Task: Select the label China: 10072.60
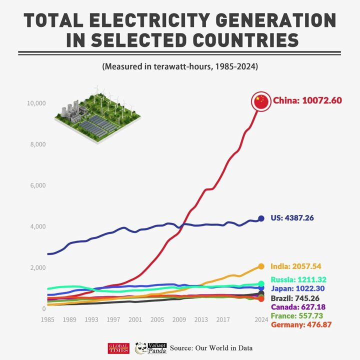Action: coord(307,100)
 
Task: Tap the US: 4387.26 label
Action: coord(292,218)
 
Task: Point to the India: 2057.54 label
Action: coord(297,266)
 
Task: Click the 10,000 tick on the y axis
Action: coord(36,103)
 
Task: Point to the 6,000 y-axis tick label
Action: coord(38,185)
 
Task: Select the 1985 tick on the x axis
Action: coord(47,319)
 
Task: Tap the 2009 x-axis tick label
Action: coord(179,319)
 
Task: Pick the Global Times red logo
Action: coord(118,348)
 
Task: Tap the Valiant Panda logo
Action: coord(149,348)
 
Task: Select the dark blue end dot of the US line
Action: coord(261,218)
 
